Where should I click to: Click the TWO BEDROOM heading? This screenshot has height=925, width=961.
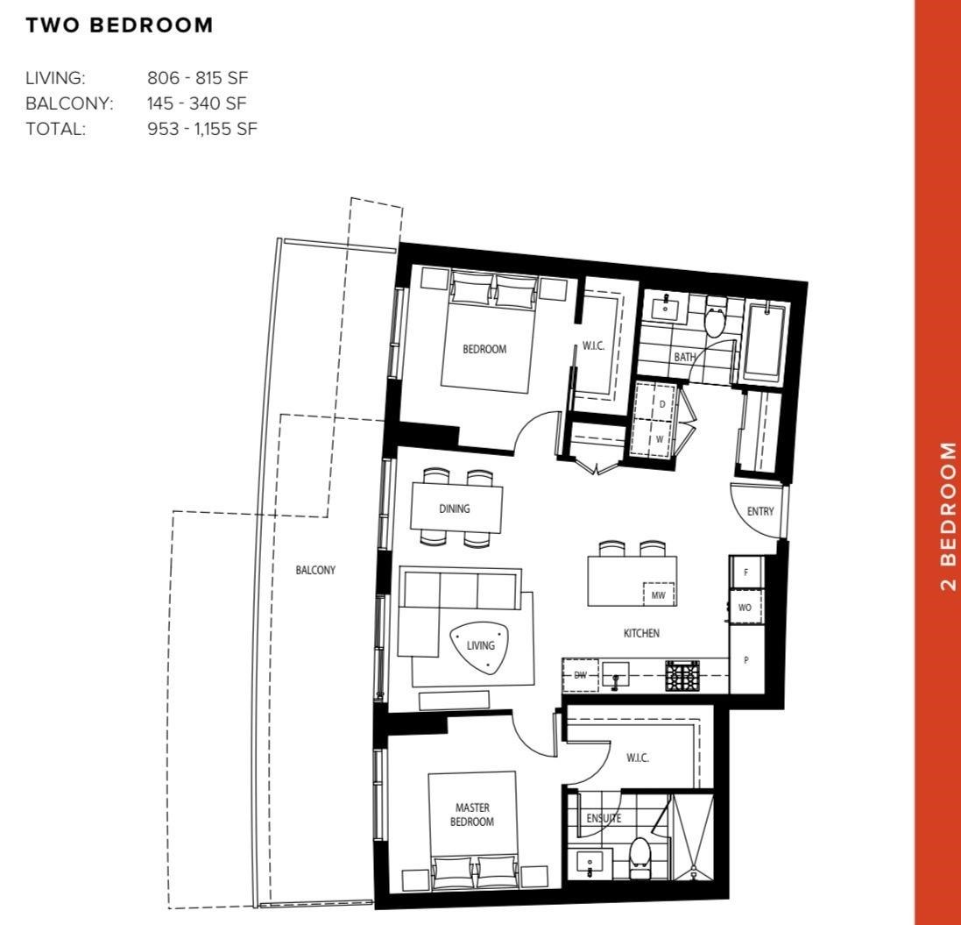point(119,25)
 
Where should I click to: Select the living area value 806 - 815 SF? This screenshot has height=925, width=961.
point(198,78)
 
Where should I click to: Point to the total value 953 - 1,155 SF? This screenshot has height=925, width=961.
point(202,130)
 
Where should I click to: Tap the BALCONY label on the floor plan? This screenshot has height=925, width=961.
point(315,570)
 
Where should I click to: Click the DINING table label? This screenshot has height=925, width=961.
point(455,509)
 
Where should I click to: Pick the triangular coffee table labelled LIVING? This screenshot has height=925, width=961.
point(481,647)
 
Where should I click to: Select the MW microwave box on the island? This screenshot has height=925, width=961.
point(659,595)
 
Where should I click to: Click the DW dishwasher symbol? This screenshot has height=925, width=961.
point(580,675)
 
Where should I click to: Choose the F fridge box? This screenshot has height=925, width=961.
point(746,572)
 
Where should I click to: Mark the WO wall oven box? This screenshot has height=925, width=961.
point(745,607)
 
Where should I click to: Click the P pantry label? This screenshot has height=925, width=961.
point(746,660)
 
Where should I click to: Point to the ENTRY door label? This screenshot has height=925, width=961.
point(760,511)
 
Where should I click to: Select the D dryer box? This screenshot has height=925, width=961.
point(661,403)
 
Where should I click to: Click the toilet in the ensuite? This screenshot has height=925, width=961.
point(640,856)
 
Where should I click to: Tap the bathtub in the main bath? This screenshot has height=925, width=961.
point(766,342)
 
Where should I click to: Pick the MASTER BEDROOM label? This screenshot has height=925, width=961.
point(472,815)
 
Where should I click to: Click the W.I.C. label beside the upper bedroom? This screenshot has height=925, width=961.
point(594,346)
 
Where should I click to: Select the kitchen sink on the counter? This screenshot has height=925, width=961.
point(617,675)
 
